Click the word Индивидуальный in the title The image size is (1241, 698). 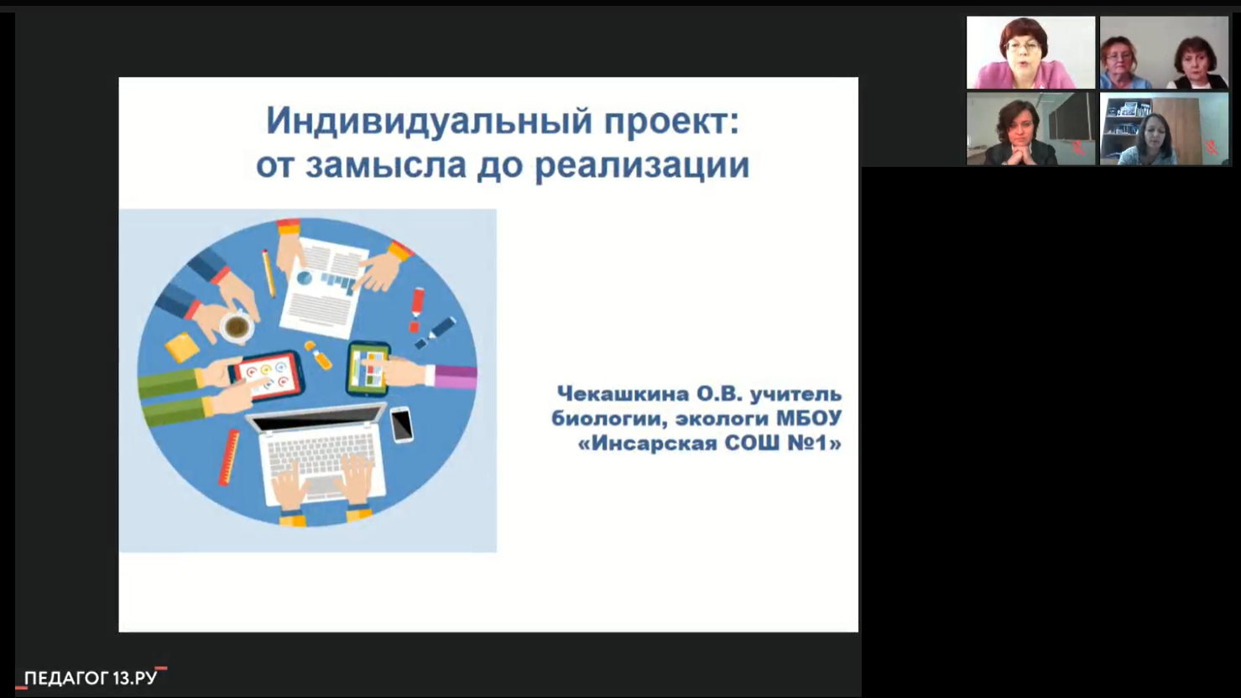tap(430, 122)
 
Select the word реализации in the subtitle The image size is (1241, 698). tap(642, 165)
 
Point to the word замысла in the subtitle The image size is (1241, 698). tap(386, 165)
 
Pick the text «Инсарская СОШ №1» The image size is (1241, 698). tap(710, 443)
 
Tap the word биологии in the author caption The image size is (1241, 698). tap(609, 419)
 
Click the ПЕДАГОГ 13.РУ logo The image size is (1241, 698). tap(91, 678)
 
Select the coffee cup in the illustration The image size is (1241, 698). tap(237, 327)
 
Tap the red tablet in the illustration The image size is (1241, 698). tap(267, 374)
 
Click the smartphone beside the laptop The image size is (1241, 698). tap(401, 425)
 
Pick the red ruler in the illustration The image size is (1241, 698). tap(229, 457)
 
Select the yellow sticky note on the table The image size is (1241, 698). tap(182, 346)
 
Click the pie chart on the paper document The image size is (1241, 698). tap(304, 278)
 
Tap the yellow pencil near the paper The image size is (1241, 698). tap(269, 273)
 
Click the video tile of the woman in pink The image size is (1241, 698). tap(1030, 52)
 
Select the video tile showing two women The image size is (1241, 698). tap(1164, 52)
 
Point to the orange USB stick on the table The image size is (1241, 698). tap(319, 355)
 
